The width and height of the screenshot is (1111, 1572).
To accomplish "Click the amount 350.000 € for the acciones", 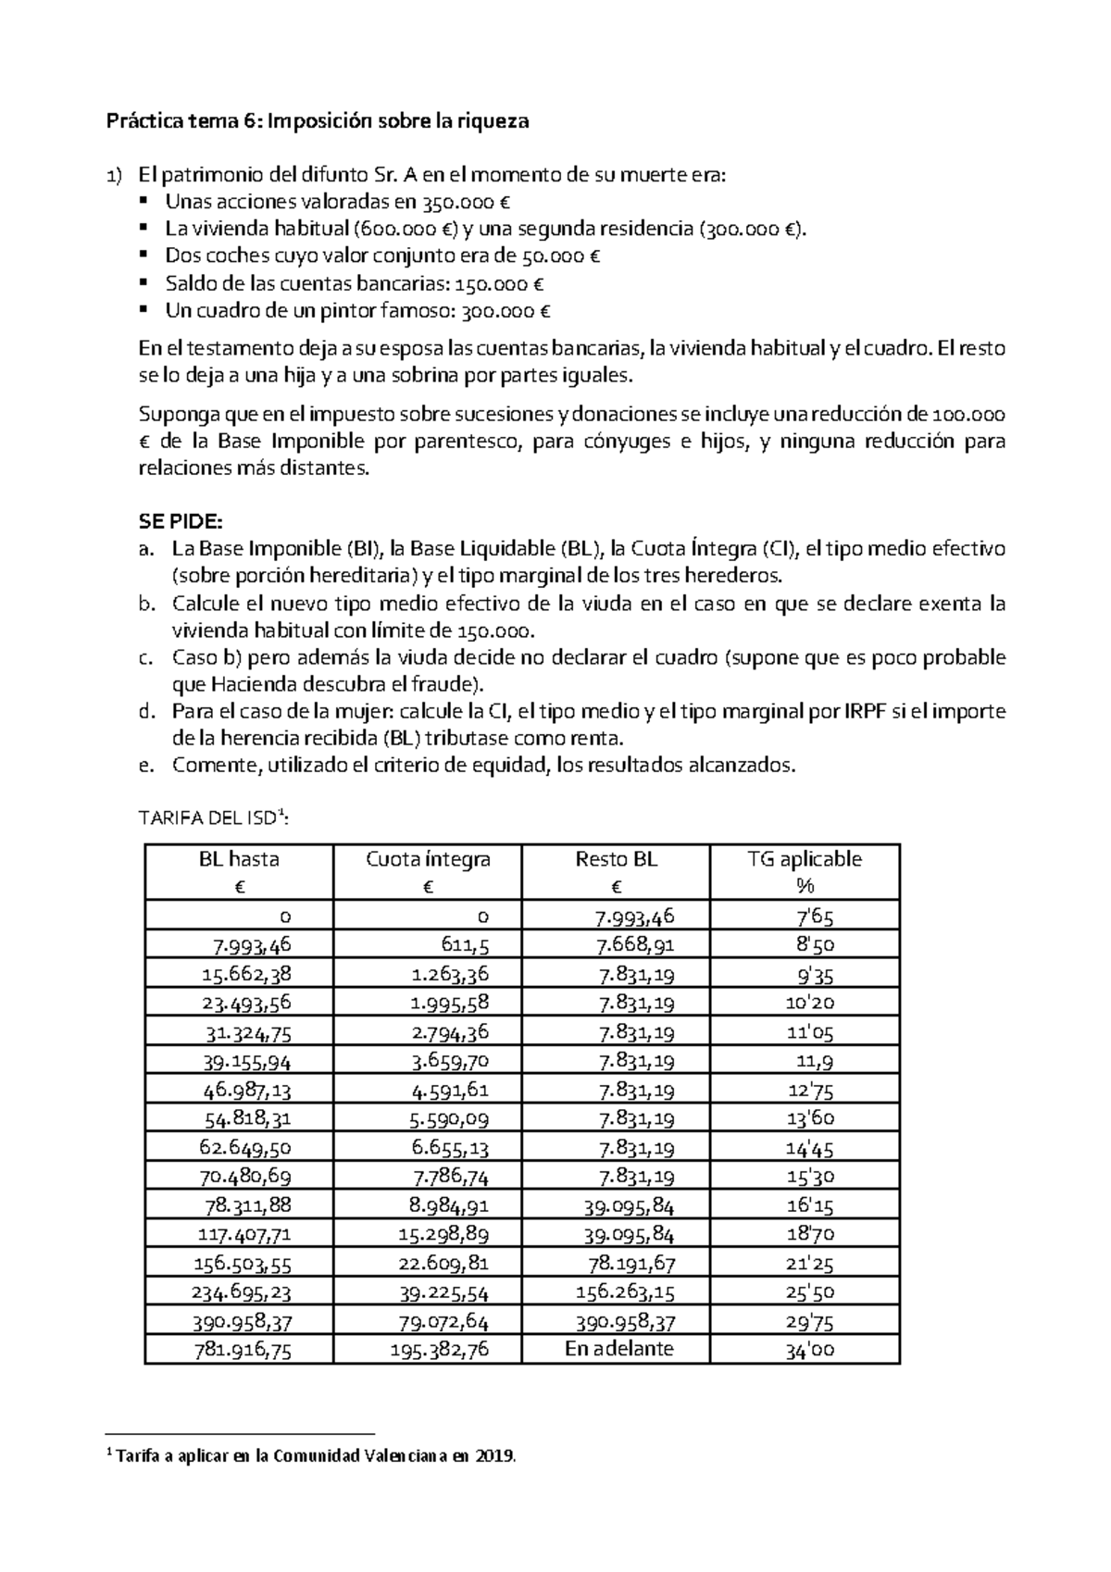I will pos(467,203).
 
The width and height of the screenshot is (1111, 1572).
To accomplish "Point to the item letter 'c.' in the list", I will pos(145,658).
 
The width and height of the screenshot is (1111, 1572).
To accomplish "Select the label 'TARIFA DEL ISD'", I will pos(212,818).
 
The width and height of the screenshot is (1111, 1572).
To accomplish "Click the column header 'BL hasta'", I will pos(239,859).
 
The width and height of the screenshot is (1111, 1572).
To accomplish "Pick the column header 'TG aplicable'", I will pos(804,859).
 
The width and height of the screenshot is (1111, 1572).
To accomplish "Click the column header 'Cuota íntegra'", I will pos(428,859).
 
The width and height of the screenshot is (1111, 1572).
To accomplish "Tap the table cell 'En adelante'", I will pos(618,1349).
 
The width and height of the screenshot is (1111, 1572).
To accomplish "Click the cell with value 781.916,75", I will pos(242,1350).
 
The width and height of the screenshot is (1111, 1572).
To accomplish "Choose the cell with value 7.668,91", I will pos(635,945).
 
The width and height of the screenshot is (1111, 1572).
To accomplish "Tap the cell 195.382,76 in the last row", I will pos(440,1350).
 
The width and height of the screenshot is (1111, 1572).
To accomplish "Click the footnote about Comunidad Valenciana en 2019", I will pos(314,1456).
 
